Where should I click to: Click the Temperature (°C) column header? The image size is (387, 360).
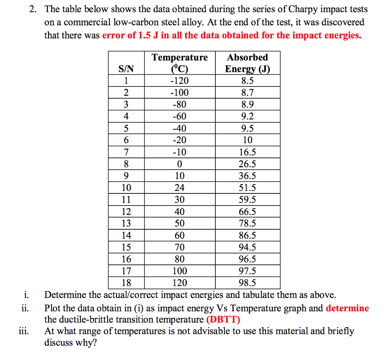[x=180, y=63]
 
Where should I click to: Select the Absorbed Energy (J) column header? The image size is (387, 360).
[x=248, y=63]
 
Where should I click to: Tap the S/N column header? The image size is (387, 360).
[x=126, y=69]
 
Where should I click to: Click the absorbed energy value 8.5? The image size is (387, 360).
[x=248, y=80]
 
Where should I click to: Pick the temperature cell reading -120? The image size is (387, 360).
[x=180, y=80]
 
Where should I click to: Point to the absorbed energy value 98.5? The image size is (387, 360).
[x=248, y=283]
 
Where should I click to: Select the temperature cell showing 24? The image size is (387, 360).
[x=180, y=188]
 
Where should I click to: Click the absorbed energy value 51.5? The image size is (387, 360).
[x=248, y=188]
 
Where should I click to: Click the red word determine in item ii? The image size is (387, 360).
[x=347, y=308]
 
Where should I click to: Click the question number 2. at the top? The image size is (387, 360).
[x=33, y=9]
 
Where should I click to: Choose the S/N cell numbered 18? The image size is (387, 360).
[x=126, y=283]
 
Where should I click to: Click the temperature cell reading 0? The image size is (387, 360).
[x=180, y=164]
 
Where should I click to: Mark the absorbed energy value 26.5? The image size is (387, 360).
[x=248, y=164]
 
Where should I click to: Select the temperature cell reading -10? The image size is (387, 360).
[x=180, y=152]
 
